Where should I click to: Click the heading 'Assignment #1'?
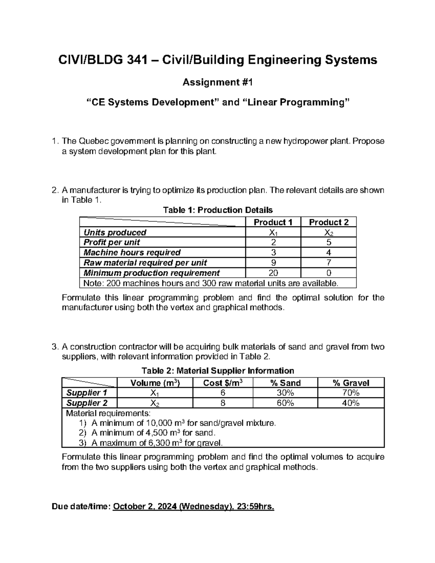pyautogui.click(x=217, y=83)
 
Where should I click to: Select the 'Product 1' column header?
pyautogui.click(x=273, y=222)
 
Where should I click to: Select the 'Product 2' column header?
pyautogui.click(x=328, y=222)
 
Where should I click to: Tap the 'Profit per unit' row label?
pyautogui.click(x=112, y=242)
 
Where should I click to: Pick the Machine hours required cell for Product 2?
pyautogui.click(x=328, y=252)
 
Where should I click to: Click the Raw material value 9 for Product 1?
pyautogui.click(x=273, y=262)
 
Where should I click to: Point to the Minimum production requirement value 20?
pyautogui.click(x=273, y=273)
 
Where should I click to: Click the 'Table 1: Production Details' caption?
pyautogui.click(x=217, y=210)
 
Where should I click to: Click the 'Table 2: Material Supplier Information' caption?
pyautogui.click(x=217, y=370)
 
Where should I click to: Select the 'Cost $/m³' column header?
pyautogui.click(x=223, y=383)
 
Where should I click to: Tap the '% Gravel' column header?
pyautogui.click(x=350, y=383)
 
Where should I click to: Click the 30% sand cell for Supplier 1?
pyautogui.click(x=285, y=393)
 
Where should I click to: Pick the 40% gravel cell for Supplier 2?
pyautogui.click(x=350, y=403)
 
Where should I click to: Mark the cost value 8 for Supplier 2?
pyautogui.click(x=223, y=403)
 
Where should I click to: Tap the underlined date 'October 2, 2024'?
pyautogui.click(x=145, y=506)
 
